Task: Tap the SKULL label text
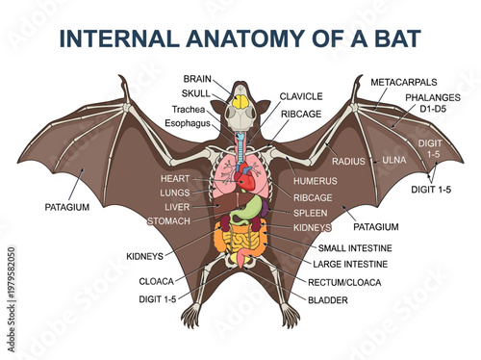(198, 93)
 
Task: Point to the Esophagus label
(186, 122)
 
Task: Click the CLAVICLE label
(303, 96)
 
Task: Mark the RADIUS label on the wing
(348, 161)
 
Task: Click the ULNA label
(395, 159)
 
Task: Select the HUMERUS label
(314, 180)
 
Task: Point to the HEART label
(176, 179)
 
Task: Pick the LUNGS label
(175, 193)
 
